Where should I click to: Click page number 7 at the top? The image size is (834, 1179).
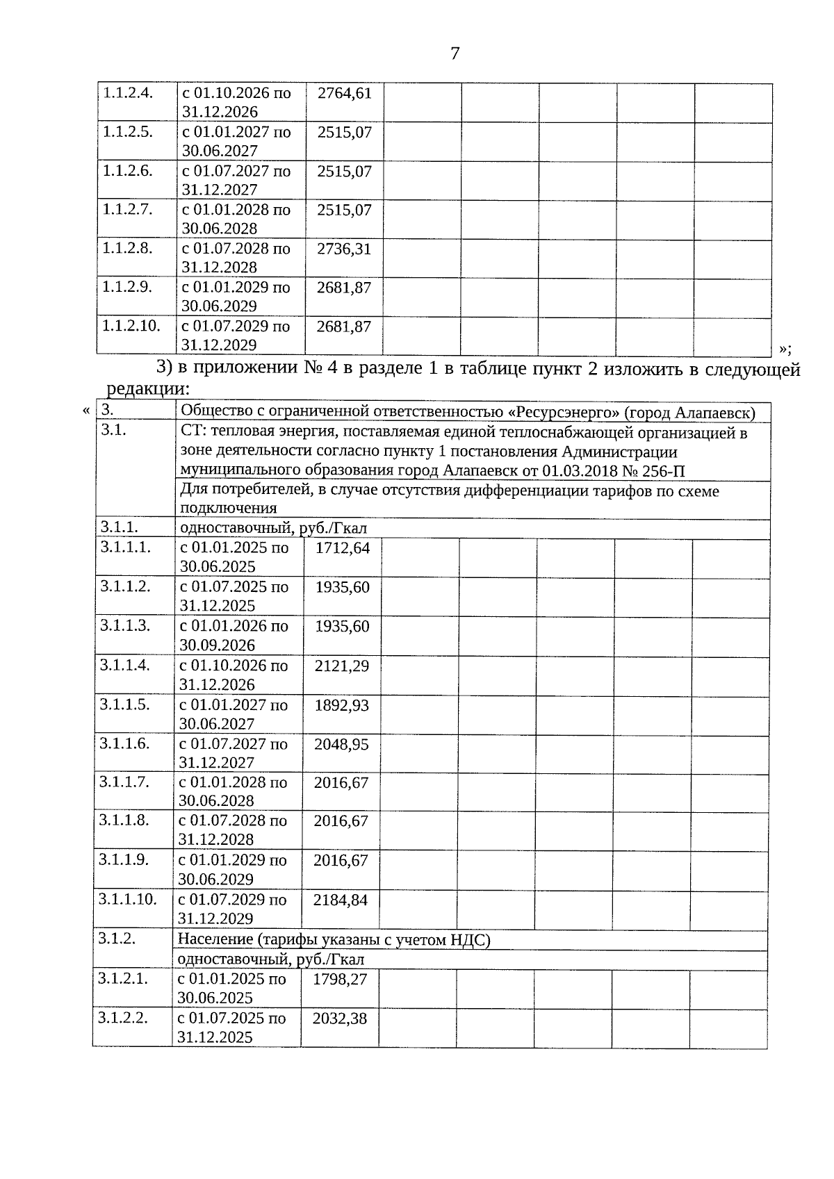(455, 53)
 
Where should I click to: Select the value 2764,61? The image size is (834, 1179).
(345, 93)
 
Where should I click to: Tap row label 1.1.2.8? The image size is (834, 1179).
(127, 248)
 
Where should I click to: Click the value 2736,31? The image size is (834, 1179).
(344, 249)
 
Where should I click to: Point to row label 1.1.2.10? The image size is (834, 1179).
(131, 326)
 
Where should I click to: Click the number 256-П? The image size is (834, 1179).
(664, 472)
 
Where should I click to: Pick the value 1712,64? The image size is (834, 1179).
(343, 548)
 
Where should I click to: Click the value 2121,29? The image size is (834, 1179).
(342, 666)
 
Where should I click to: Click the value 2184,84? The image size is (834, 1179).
(341, 900)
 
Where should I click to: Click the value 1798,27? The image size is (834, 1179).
(340, 980)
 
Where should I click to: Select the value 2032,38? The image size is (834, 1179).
(340, 1019)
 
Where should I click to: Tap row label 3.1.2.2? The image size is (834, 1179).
(123, 1019)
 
